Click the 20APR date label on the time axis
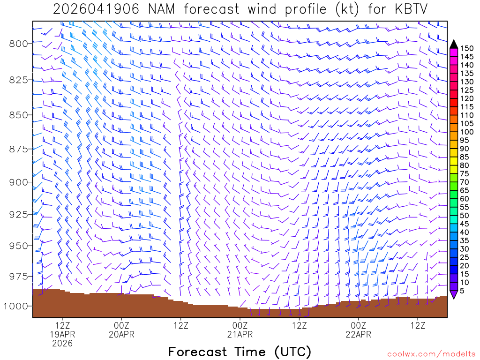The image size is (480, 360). [x=121, y=334]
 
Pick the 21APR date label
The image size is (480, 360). [x=240, y=334]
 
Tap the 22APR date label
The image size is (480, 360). [x=359, y=334]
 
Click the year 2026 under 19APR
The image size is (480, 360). [x=62, y=344]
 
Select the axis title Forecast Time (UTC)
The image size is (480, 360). [x=240, y=352]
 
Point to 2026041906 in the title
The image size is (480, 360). [x=96, y=9]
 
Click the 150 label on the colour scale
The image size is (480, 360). [x=466, y=48]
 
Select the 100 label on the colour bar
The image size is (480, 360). [x=466, y=132]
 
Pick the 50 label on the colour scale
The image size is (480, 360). [x=464, y=216]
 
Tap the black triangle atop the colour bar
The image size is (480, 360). [x=453, y=44]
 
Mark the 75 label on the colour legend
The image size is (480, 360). [x=464, y=174]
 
